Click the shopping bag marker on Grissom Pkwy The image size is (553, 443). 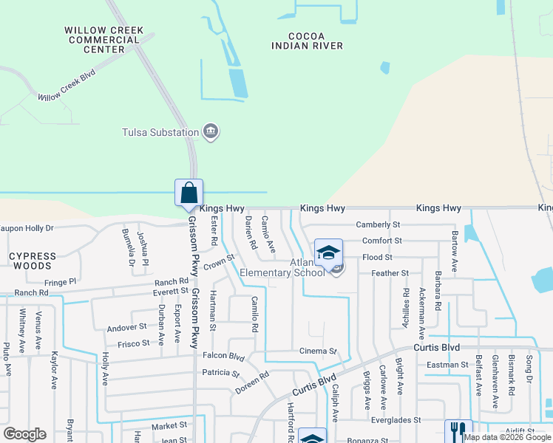[x=189, y=193]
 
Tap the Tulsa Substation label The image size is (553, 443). [x=160, y=133]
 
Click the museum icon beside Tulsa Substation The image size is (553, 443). [x=211, y=132]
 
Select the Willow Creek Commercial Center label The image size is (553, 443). [x=104, y=40]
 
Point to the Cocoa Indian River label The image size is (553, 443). [x=307, y=41]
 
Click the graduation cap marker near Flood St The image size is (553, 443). [x=328, y=253]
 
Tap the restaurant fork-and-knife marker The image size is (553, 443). [x=458, y=431]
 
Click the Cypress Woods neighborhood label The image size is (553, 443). [x=33, y=261]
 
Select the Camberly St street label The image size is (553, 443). [x=378, y=224]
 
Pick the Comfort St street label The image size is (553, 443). [x=381, y=241]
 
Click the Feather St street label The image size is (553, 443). [x=390, y=273]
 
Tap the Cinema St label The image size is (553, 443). [x=318, y=351]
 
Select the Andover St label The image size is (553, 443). [x=127, y=326]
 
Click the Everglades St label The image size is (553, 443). [x=396, y=419]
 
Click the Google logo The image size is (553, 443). [x=24, y=434]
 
